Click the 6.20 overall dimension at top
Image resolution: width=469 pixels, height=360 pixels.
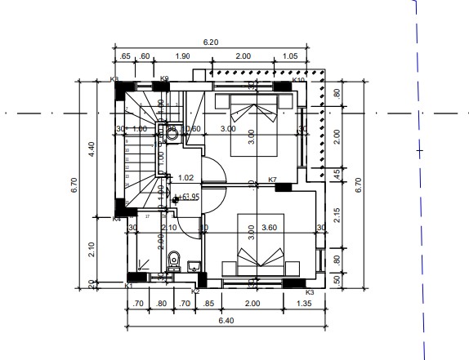211,42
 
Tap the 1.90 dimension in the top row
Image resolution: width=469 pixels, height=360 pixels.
183,56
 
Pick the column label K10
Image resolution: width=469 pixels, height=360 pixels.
298,80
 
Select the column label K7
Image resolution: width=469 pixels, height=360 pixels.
273,180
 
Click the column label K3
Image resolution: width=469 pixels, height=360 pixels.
309,291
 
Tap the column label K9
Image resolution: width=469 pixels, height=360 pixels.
164,79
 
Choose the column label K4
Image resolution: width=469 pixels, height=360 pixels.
116,219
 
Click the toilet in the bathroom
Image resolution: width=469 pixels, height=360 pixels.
172,261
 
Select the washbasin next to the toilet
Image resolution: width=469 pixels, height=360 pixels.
194,265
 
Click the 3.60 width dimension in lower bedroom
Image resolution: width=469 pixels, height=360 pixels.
270,228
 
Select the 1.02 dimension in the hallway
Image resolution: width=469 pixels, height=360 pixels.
185,177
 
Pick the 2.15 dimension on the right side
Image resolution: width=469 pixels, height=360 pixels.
337,217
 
